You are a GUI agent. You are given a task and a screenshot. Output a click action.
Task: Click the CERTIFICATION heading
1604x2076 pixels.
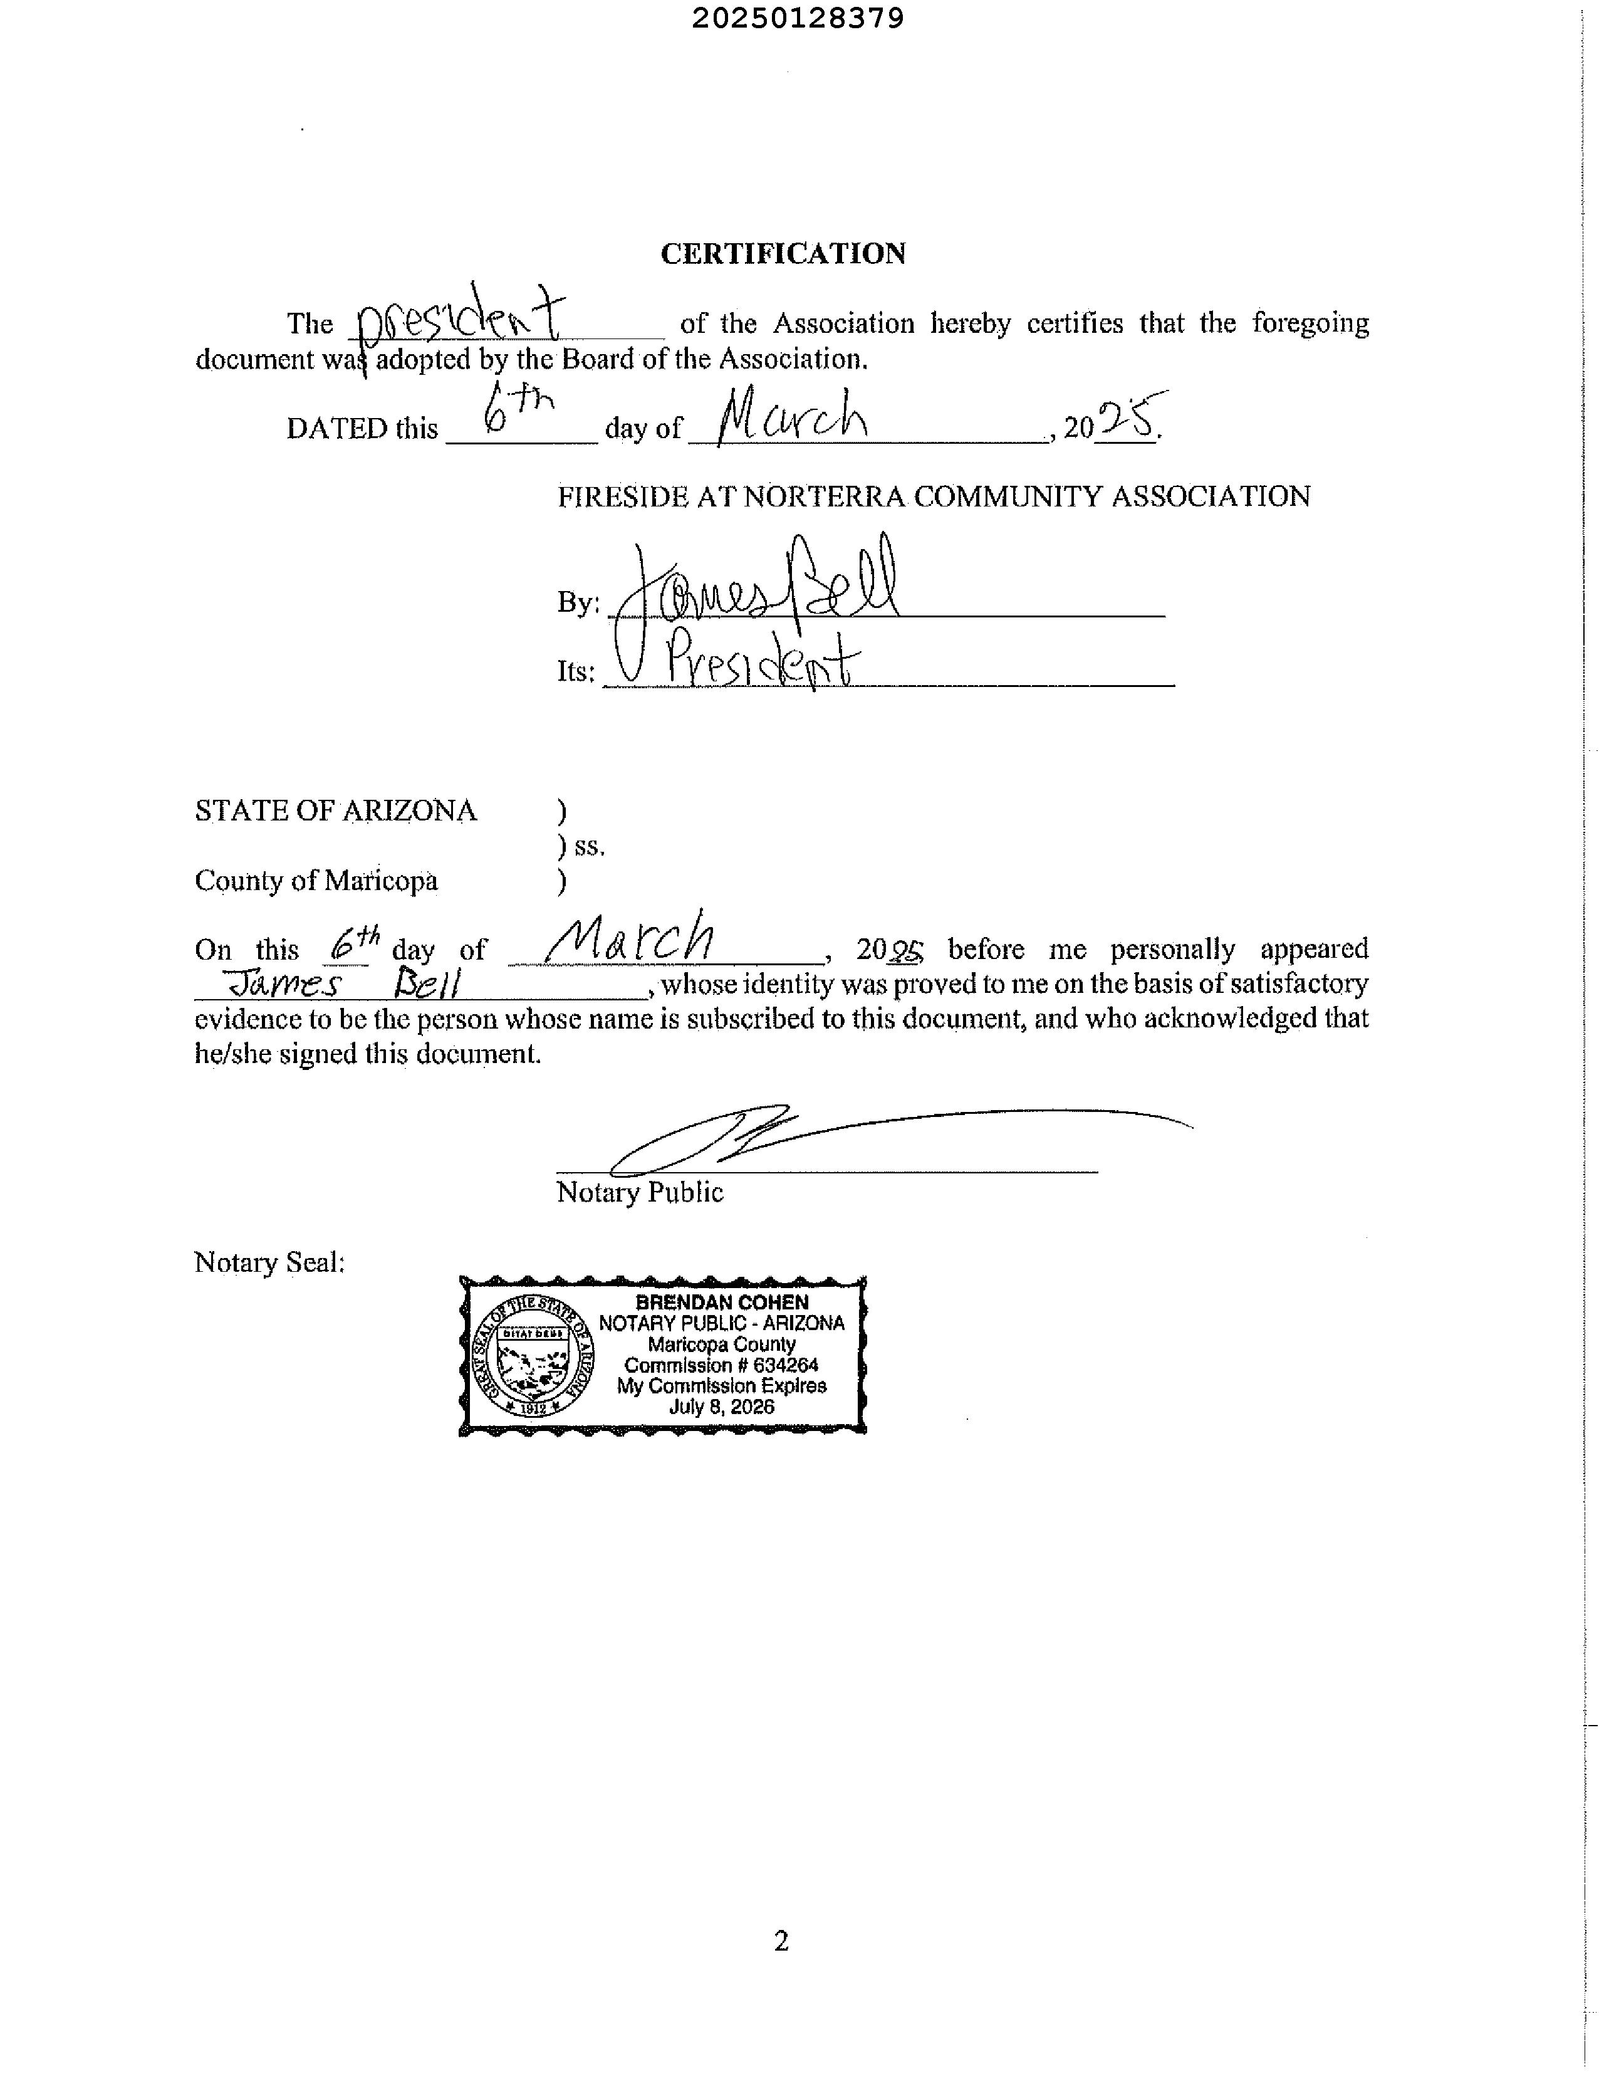pos(783,254)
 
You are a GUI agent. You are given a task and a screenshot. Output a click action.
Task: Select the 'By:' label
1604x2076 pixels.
pos(578,602)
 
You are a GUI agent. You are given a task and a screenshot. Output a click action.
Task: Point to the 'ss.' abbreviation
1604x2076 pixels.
pos(589,846)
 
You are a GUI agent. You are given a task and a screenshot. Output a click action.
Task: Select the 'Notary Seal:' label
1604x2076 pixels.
pos(269,1262)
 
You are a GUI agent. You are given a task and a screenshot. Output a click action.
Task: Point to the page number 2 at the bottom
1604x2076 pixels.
pos(781,1941)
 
